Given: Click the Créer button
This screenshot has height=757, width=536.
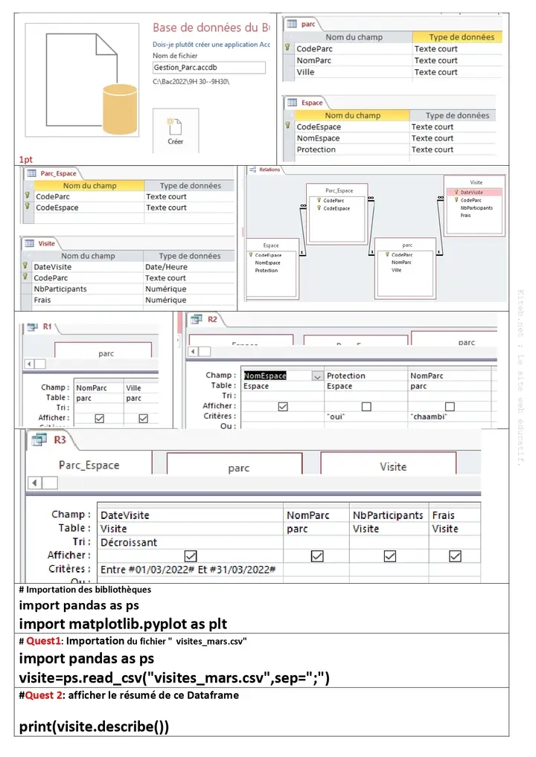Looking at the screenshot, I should coord(176,130).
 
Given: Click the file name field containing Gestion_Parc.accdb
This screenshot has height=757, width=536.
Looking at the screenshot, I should coord(208,68).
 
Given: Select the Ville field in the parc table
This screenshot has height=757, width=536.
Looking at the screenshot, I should coord(305,72).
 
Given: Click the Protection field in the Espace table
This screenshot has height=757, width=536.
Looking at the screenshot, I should coord(316,149).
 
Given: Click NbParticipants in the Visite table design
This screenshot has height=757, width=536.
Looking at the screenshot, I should coord(61,289).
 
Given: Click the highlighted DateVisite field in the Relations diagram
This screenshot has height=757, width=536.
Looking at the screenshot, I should coord(471,192).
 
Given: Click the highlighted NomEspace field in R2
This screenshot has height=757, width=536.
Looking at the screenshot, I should coord(266,376).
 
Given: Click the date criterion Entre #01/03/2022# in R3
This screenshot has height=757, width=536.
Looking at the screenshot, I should coord(188,569).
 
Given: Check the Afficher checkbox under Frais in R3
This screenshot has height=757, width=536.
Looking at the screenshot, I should coord(455,555).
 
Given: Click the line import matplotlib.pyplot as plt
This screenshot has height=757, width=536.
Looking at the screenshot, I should coord(123,624).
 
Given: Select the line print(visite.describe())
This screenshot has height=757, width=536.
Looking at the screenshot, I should coord(94,726).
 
